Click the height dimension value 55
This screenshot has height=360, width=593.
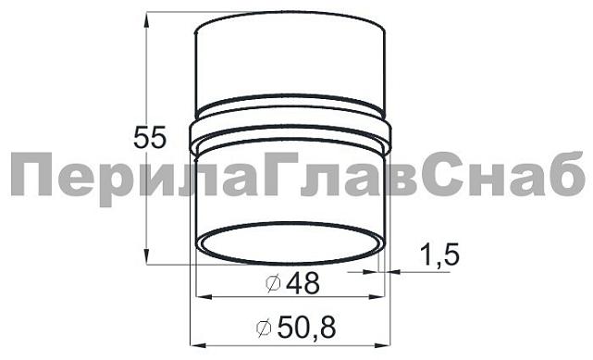click(150, 138)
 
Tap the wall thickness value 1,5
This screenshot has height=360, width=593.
click(439, 254)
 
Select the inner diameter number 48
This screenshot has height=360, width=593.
click(303, 283)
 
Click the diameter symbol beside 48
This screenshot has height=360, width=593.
click(273, 284)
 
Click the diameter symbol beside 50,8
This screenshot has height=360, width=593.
click(264, 328)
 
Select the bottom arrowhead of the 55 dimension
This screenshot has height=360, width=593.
click(147, 256)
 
